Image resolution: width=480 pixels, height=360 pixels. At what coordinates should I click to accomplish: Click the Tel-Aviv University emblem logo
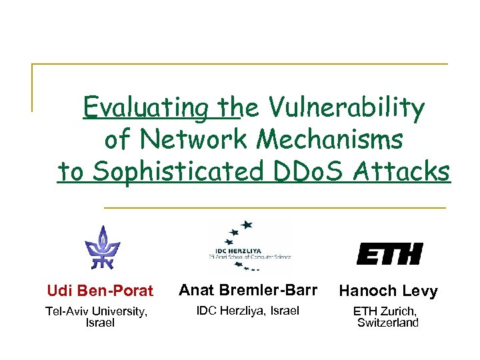point(101,245)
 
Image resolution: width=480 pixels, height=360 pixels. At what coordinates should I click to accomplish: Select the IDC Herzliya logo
point(249,245)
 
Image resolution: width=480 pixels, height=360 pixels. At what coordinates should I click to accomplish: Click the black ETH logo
point(389,254)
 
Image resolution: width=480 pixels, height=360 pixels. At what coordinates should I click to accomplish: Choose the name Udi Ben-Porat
point(100,291)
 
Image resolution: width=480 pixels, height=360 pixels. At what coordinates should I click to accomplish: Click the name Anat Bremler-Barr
point(249,290)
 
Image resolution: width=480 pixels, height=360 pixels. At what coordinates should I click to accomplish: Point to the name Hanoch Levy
point(388,291)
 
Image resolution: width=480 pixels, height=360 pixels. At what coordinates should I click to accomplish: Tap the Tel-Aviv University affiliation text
point(96,311)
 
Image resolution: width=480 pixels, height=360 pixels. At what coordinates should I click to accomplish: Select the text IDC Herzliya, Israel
point(247,310)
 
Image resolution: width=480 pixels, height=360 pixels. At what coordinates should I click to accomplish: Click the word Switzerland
point(388,323)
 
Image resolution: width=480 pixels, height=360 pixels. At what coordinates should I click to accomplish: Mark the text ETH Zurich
point(386,311)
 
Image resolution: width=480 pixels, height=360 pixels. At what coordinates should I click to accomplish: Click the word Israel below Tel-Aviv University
point(100,323)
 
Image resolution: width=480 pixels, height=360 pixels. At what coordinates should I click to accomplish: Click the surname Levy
point(419,291)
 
